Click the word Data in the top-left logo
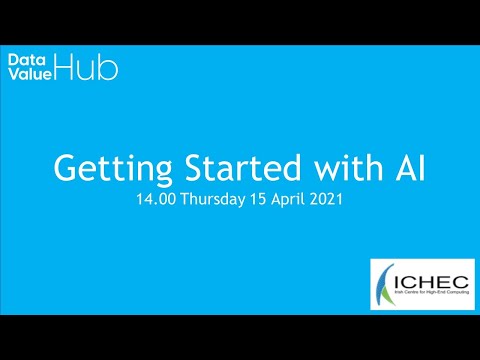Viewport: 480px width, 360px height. click(x=24, y=60)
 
